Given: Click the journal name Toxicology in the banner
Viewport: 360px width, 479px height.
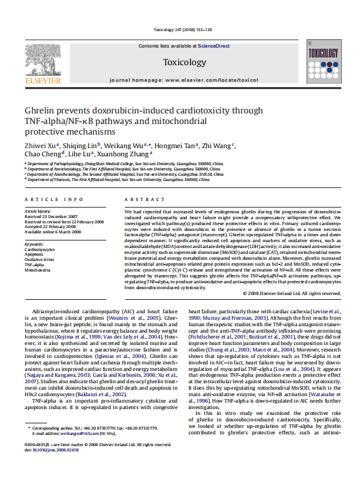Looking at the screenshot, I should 184,62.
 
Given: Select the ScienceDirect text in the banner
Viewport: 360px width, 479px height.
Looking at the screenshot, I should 214,46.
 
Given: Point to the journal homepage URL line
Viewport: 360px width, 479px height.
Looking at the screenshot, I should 184,79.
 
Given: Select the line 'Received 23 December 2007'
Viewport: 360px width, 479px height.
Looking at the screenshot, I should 51,216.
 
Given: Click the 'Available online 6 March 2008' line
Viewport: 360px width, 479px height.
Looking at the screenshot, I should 53,230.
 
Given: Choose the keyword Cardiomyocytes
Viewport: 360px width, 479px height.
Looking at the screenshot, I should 41,249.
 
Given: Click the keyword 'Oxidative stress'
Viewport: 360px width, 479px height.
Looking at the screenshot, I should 39,259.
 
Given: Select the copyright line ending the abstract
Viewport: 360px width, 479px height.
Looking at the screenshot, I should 291,293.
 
